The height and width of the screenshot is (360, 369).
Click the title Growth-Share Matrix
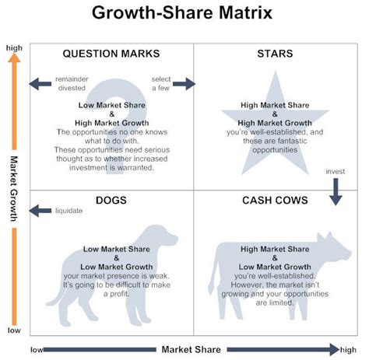(183, 13)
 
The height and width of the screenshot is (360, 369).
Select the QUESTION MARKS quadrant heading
(111, 54)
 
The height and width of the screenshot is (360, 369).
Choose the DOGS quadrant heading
(111, 200)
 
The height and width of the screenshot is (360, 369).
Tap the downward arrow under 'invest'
(336, 190)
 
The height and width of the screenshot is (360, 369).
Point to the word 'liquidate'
(68, 209)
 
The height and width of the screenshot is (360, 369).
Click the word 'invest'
(336, 171)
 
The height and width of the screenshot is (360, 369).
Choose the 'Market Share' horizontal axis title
(184, 349)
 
